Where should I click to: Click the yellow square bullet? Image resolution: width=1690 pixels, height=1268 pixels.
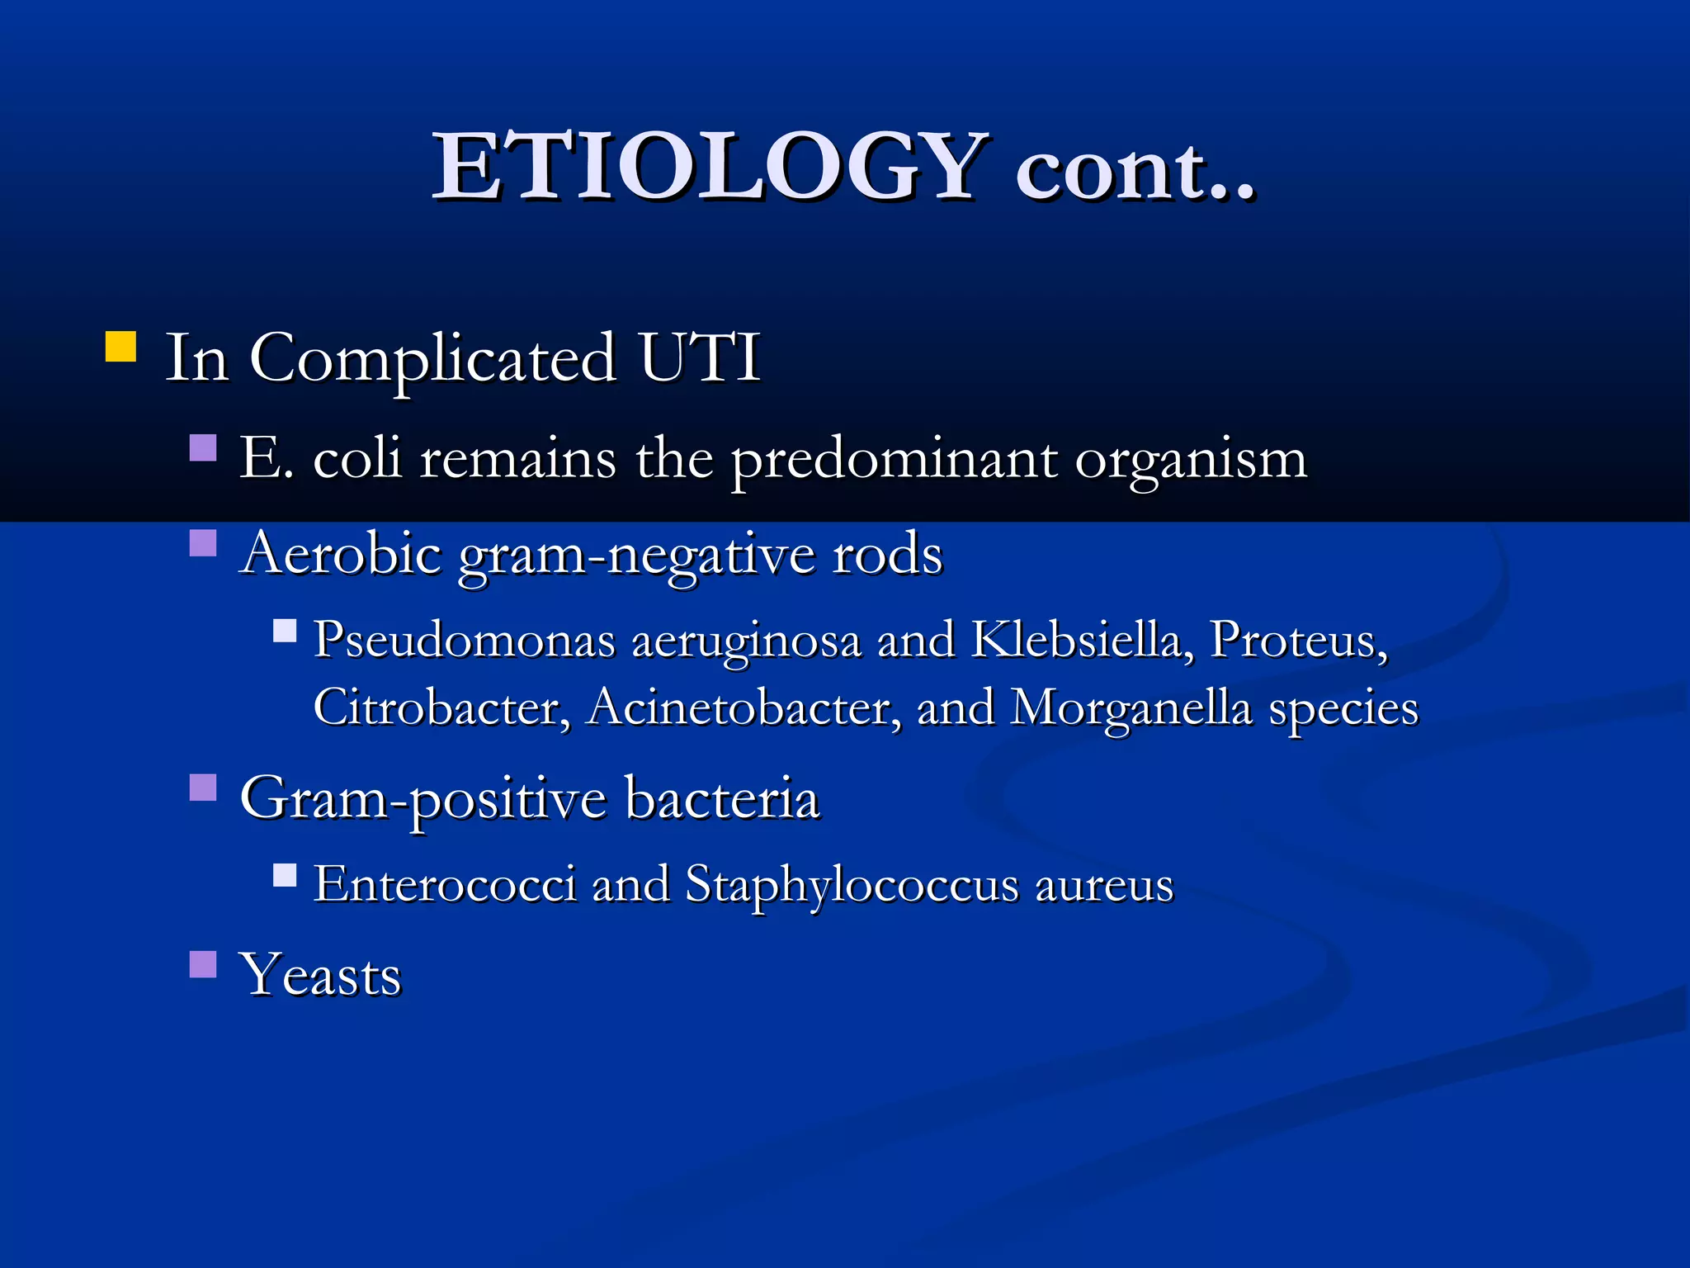(x=120, y=347)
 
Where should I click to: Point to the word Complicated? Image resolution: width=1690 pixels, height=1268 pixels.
(x=432, y=360)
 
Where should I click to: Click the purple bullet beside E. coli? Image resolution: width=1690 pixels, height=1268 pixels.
(x=203, y=447)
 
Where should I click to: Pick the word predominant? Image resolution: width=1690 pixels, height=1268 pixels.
(x=894, y=459)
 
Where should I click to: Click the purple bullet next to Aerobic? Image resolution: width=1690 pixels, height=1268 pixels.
(x=203, y=543)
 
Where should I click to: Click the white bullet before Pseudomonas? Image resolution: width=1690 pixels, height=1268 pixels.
(x=285, y=632)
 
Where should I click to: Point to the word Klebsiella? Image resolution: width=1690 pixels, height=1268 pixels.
(x=1082, y=640)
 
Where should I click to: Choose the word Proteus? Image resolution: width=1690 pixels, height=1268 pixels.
(x=1298, y=640)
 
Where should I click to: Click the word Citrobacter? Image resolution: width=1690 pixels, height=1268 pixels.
(x=441, y=707)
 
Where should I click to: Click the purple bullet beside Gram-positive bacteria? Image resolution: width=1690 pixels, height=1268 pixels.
(x=203, y=788)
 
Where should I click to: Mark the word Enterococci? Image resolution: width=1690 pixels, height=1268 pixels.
(x=446, y=884)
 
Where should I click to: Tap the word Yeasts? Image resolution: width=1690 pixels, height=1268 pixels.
(x=320, y=975)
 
